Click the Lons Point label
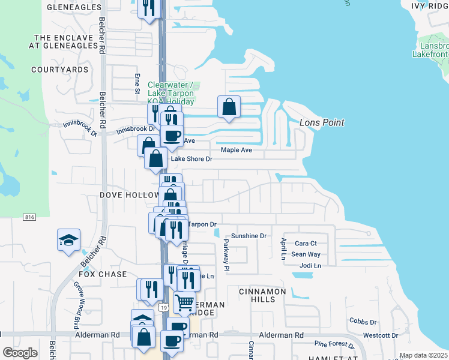322,122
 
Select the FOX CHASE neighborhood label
103,274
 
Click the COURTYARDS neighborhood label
60,70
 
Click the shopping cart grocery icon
184,302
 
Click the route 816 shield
28,217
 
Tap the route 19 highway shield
163,307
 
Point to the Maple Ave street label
236,150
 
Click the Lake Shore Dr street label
192,159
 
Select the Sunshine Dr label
249,236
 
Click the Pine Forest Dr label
335,344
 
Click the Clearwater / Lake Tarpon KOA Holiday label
171,93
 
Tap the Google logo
20,353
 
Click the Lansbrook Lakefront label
430,50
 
